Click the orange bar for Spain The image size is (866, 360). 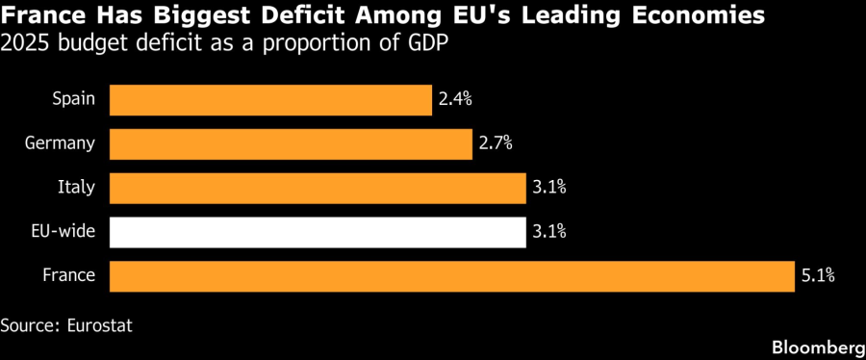pyautogui.click(x=270, y=100)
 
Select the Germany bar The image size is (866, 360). pyautogui.click(x=291, y=144)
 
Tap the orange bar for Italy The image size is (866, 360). pyautogui.click(x=318, y=189)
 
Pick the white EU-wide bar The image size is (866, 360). pyautogui.click(x=318, y=232)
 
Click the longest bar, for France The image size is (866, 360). pyautogui.click(x=452, y=276)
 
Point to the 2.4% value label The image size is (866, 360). pyautogui.click(x=455, y=100)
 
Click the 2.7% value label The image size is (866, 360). pyautogui.click(x=496, y=144)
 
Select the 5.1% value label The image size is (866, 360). pyautogui.click(x=817, y=276)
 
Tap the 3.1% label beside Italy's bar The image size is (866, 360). pyautogui.click(x=549, y=189)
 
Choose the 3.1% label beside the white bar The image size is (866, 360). pyautogui.click(x=549, y=232)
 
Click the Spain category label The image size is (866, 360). pyautogui.click(x=73, y=100)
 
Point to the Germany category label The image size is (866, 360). pyautogui.click(x=61, y=144)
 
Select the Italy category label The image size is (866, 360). pyautogui.click(x=77, y=189)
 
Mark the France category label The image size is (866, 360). pyautogui.click(x=69, y=276)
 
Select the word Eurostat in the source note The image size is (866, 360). pyautogui.click(x=100, y=325)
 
